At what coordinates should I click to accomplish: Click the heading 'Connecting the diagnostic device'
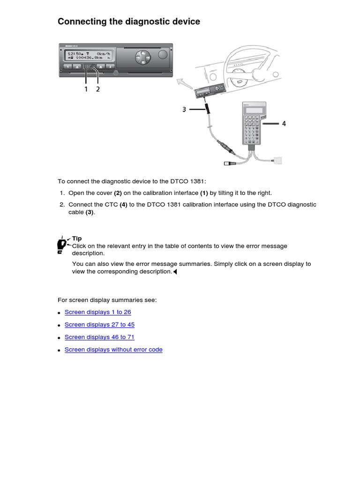click(128, 22)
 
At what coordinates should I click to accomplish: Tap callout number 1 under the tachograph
click(86, 89)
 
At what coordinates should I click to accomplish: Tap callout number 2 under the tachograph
click(98, 89)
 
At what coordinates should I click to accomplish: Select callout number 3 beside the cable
click(184, 109)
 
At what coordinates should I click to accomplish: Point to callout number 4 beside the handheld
click(284, 124)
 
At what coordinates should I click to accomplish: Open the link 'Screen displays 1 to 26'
click(97, 312)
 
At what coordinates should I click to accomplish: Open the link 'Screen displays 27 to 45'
click(99, 324)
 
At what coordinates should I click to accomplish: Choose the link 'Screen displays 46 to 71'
click(99, 337)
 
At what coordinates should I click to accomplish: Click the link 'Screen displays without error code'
click(113, 350)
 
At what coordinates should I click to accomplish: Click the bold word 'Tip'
click(77, 239)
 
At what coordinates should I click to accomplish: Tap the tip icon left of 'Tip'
click(61, 244)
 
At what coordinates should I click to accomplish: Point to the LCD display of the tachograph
click(89, 57)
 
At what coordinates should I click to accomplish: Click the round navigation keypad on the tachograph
click(142, 58)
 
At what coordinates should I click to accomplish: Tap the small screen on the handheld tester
click(253, 110)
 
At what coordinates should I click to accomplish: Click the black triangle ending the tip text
click(175, 272)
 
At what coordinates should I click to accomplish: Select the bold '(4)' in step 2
click(123, 205)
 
